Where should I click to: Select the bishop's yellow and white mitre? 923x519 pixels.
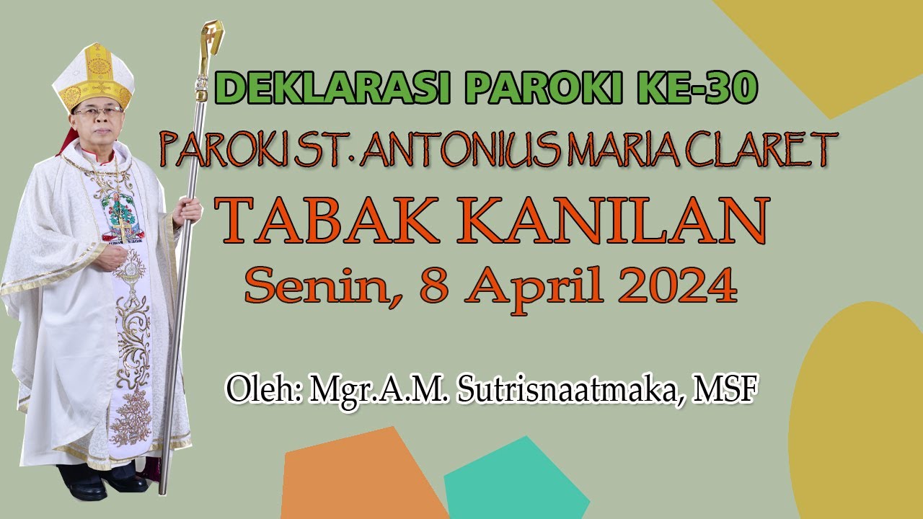pos(94,76)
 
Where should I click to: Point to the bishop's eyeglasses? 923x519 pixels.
pos(97,112)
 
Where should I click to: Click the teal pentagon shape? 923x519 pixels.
pos(516,483)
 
